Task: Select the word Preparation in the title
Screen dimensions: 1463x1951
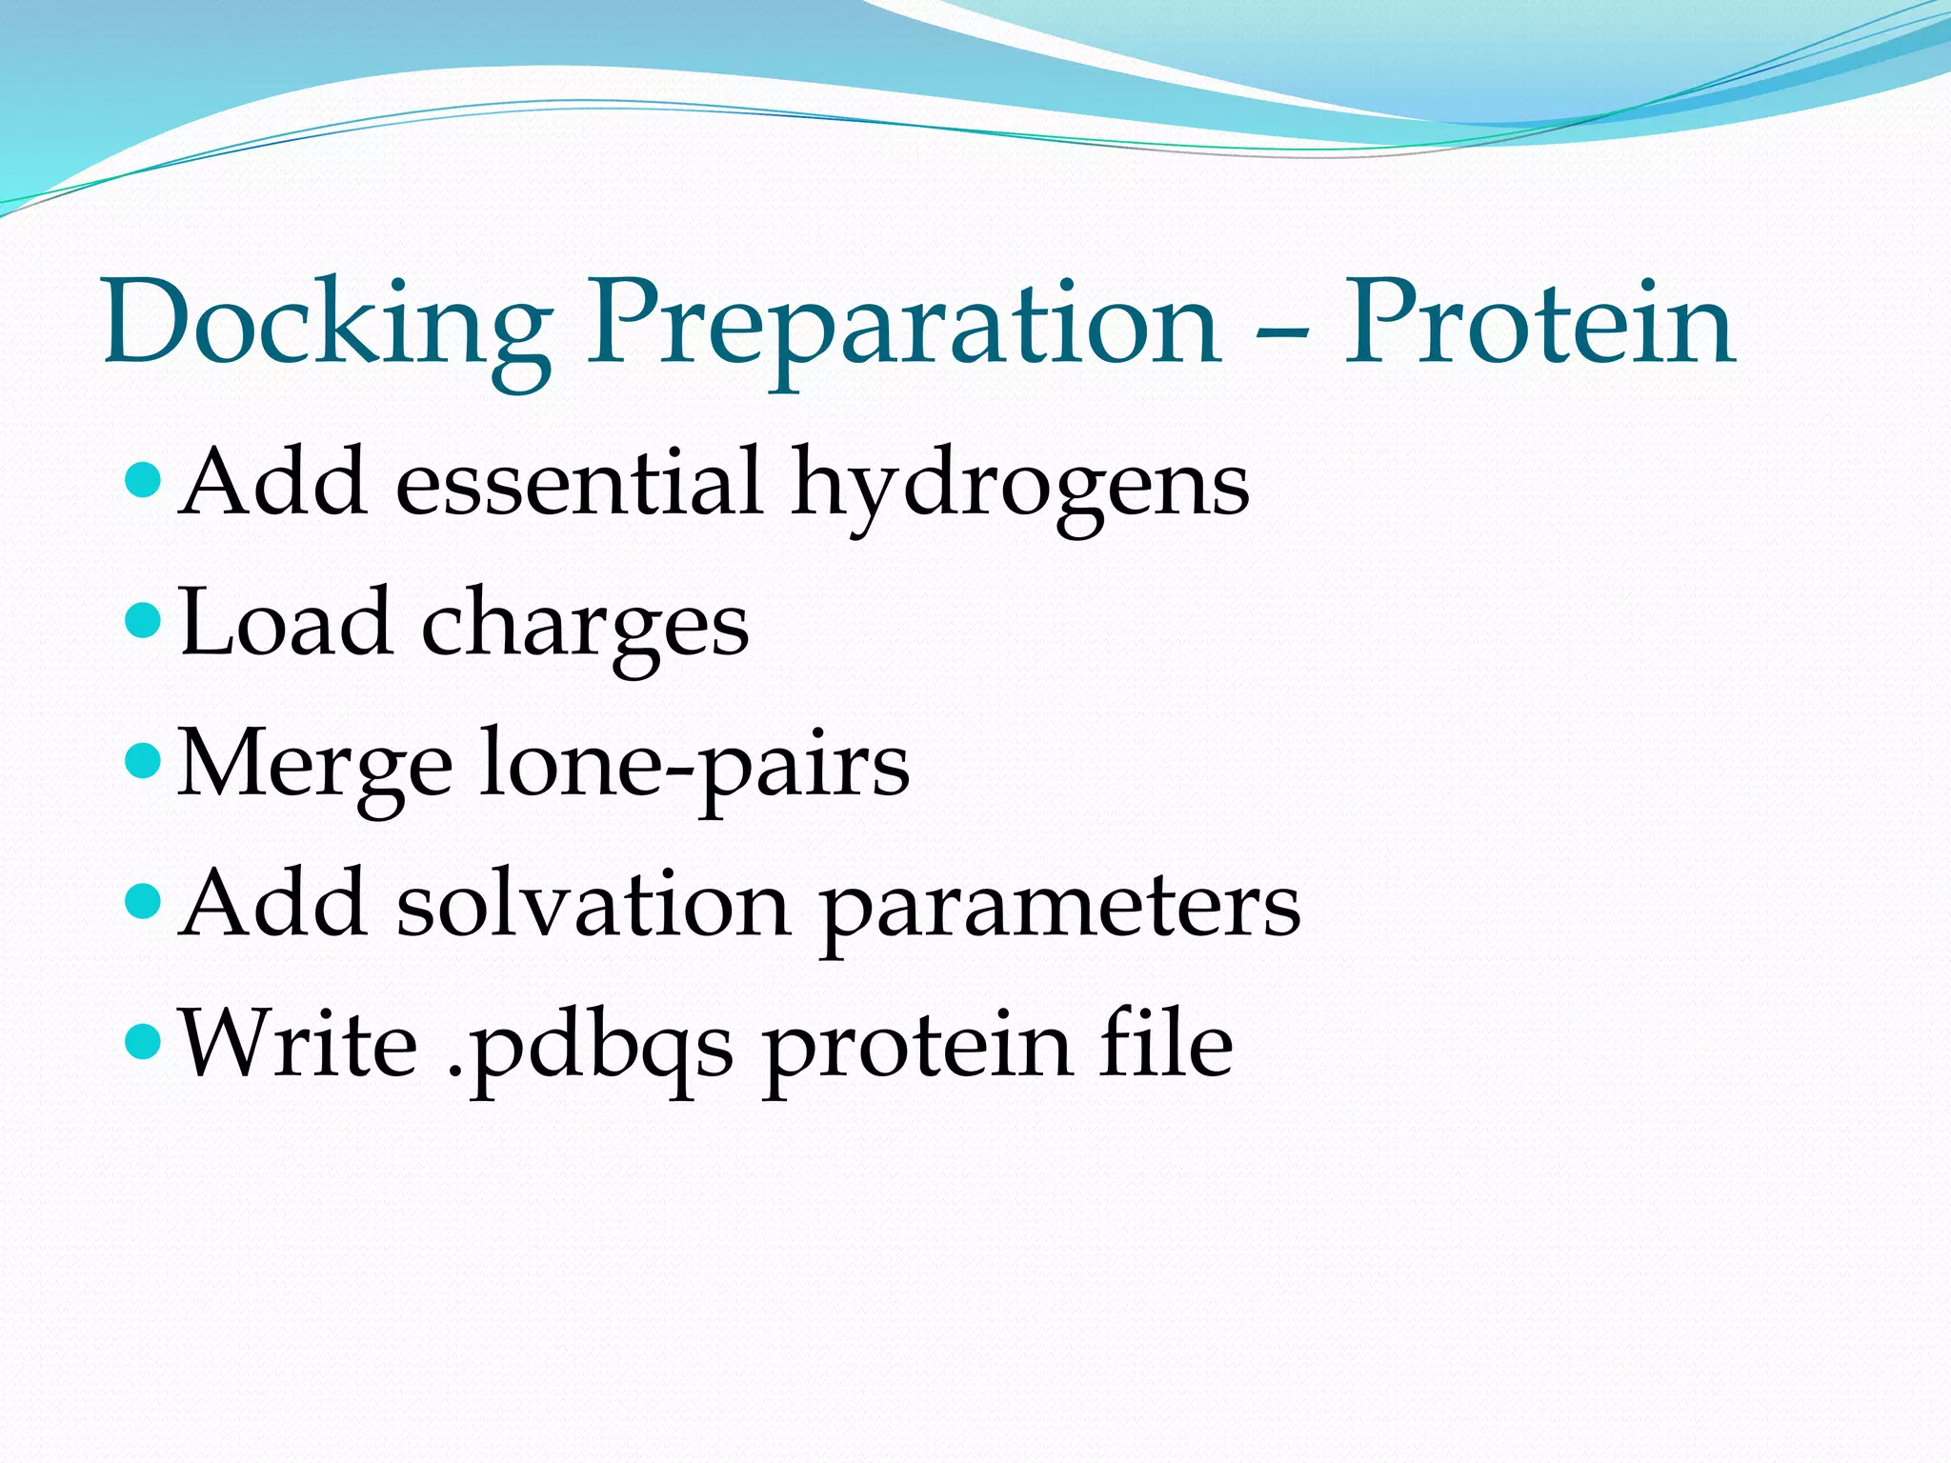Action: click(903, 324)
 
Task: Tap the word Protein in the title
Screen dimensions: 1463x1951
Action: click(1539, 324)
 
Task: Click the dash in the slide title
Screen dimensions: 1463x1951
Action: click(1282, 334)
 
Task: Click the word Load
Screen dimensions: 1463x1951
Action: click(285, 624)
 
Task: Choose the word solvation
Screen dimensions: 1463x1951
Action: click(593, 905)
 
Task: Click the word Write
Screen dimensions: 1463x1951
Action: click(299, 1045)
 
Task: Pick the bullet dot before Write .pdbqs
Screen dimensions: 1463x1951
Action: click(144, 1041)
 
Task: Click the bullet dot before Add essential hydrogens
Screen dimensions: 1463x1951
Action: click(144, 481)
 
